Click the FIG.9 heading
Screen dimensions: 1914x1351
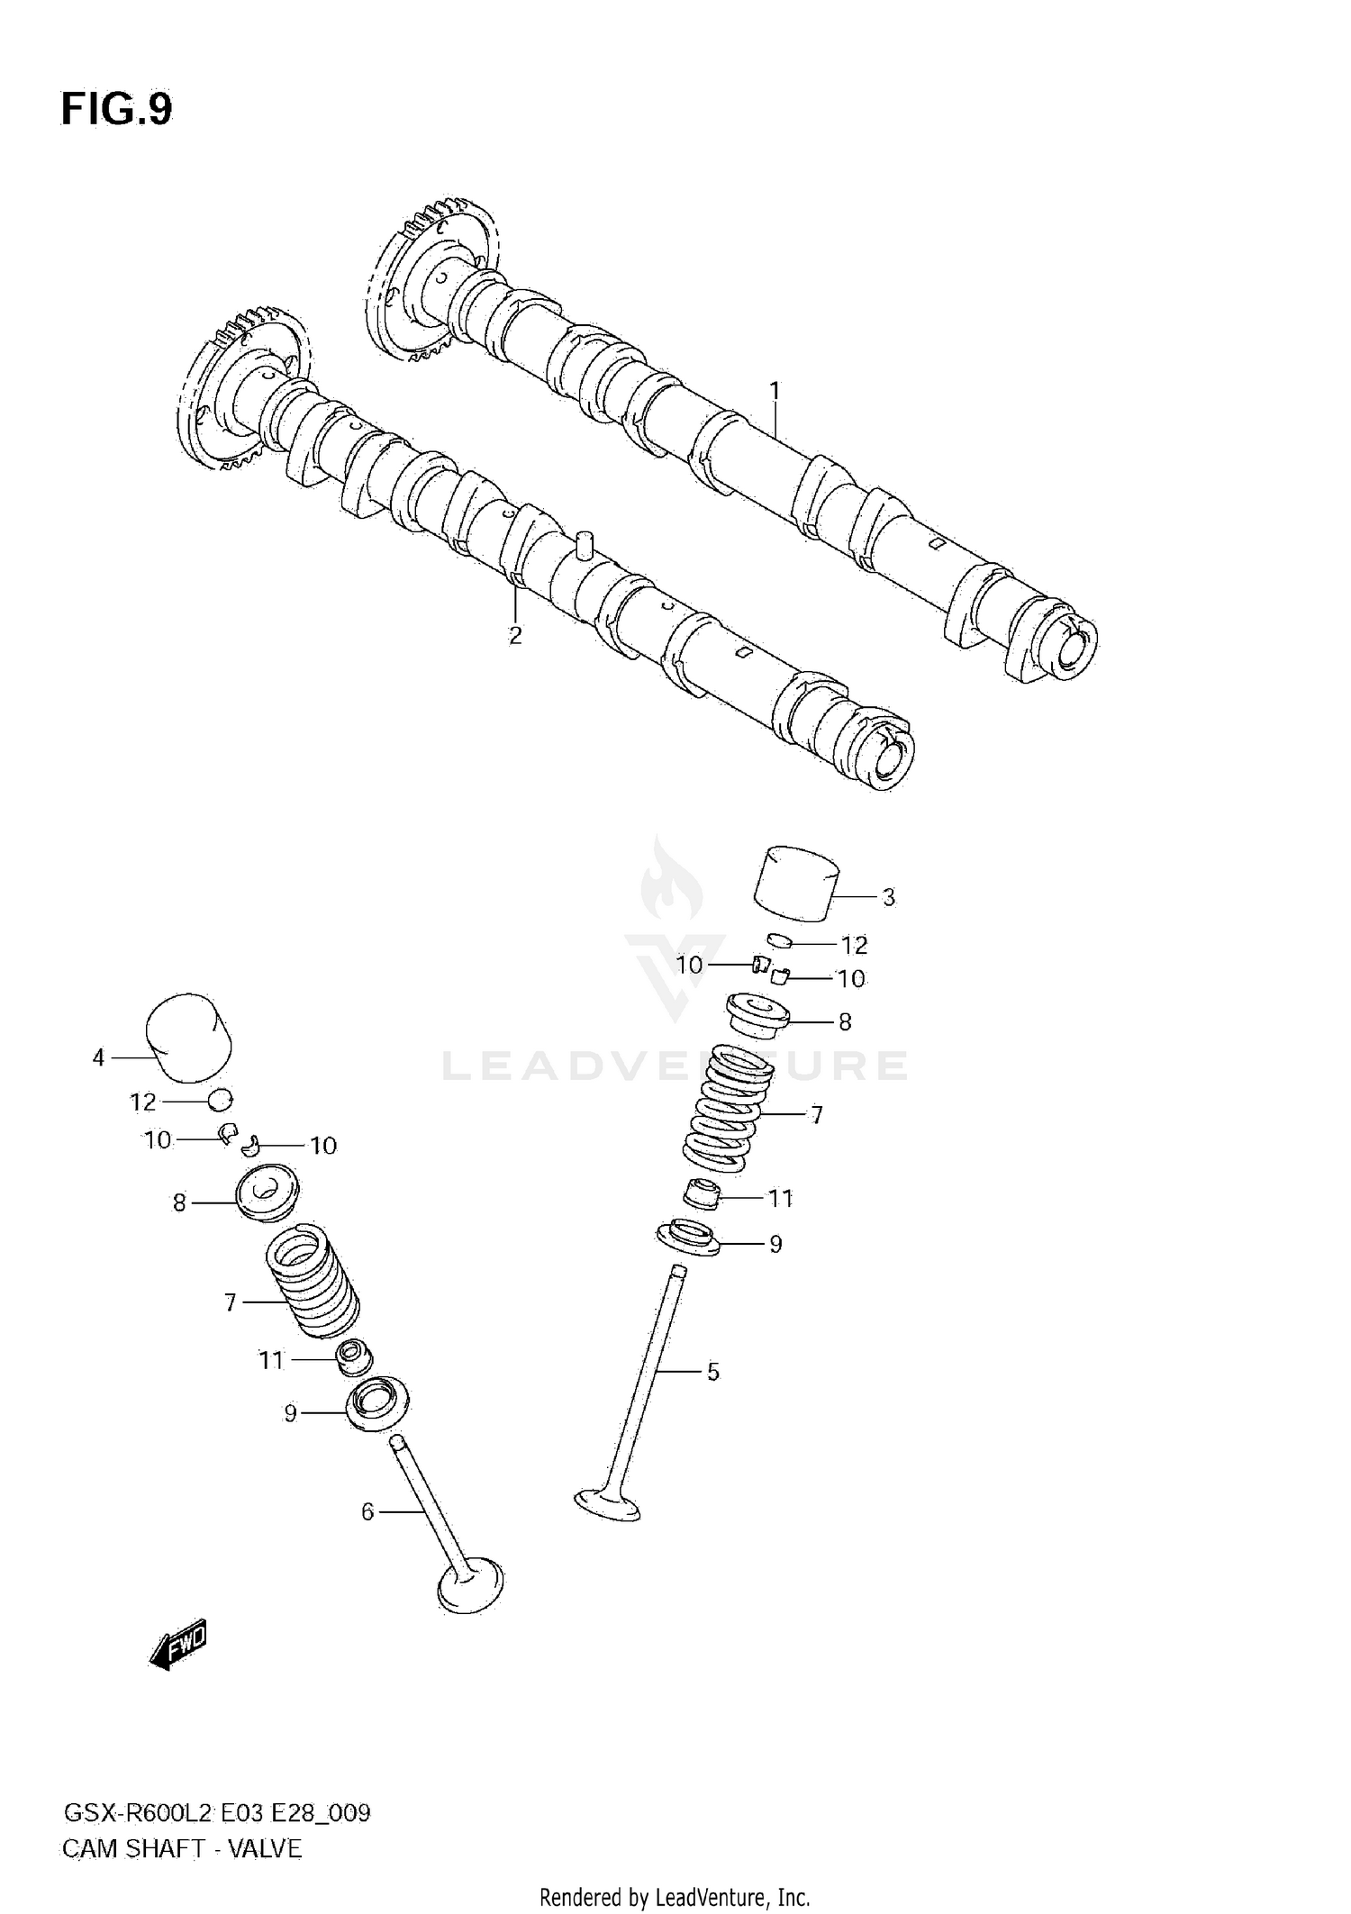pyautogui.click(x=116, y=110)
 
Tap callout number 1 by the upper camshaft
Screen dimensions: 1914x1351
pyautogui.click(x=774, y=392)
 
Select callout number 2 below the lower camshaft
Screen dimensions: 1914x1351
pyautogui.click(x=515, y=636)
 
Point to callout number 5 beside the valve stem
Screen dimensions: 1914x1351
pyautogui.click(x=712, y=1372)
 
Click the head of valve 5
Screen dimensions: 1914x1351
pyautogui.click(x=608, y=1504)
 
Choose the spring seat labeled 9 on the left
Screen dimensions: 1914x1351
pyautogui.click(x=376, y=1404)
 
